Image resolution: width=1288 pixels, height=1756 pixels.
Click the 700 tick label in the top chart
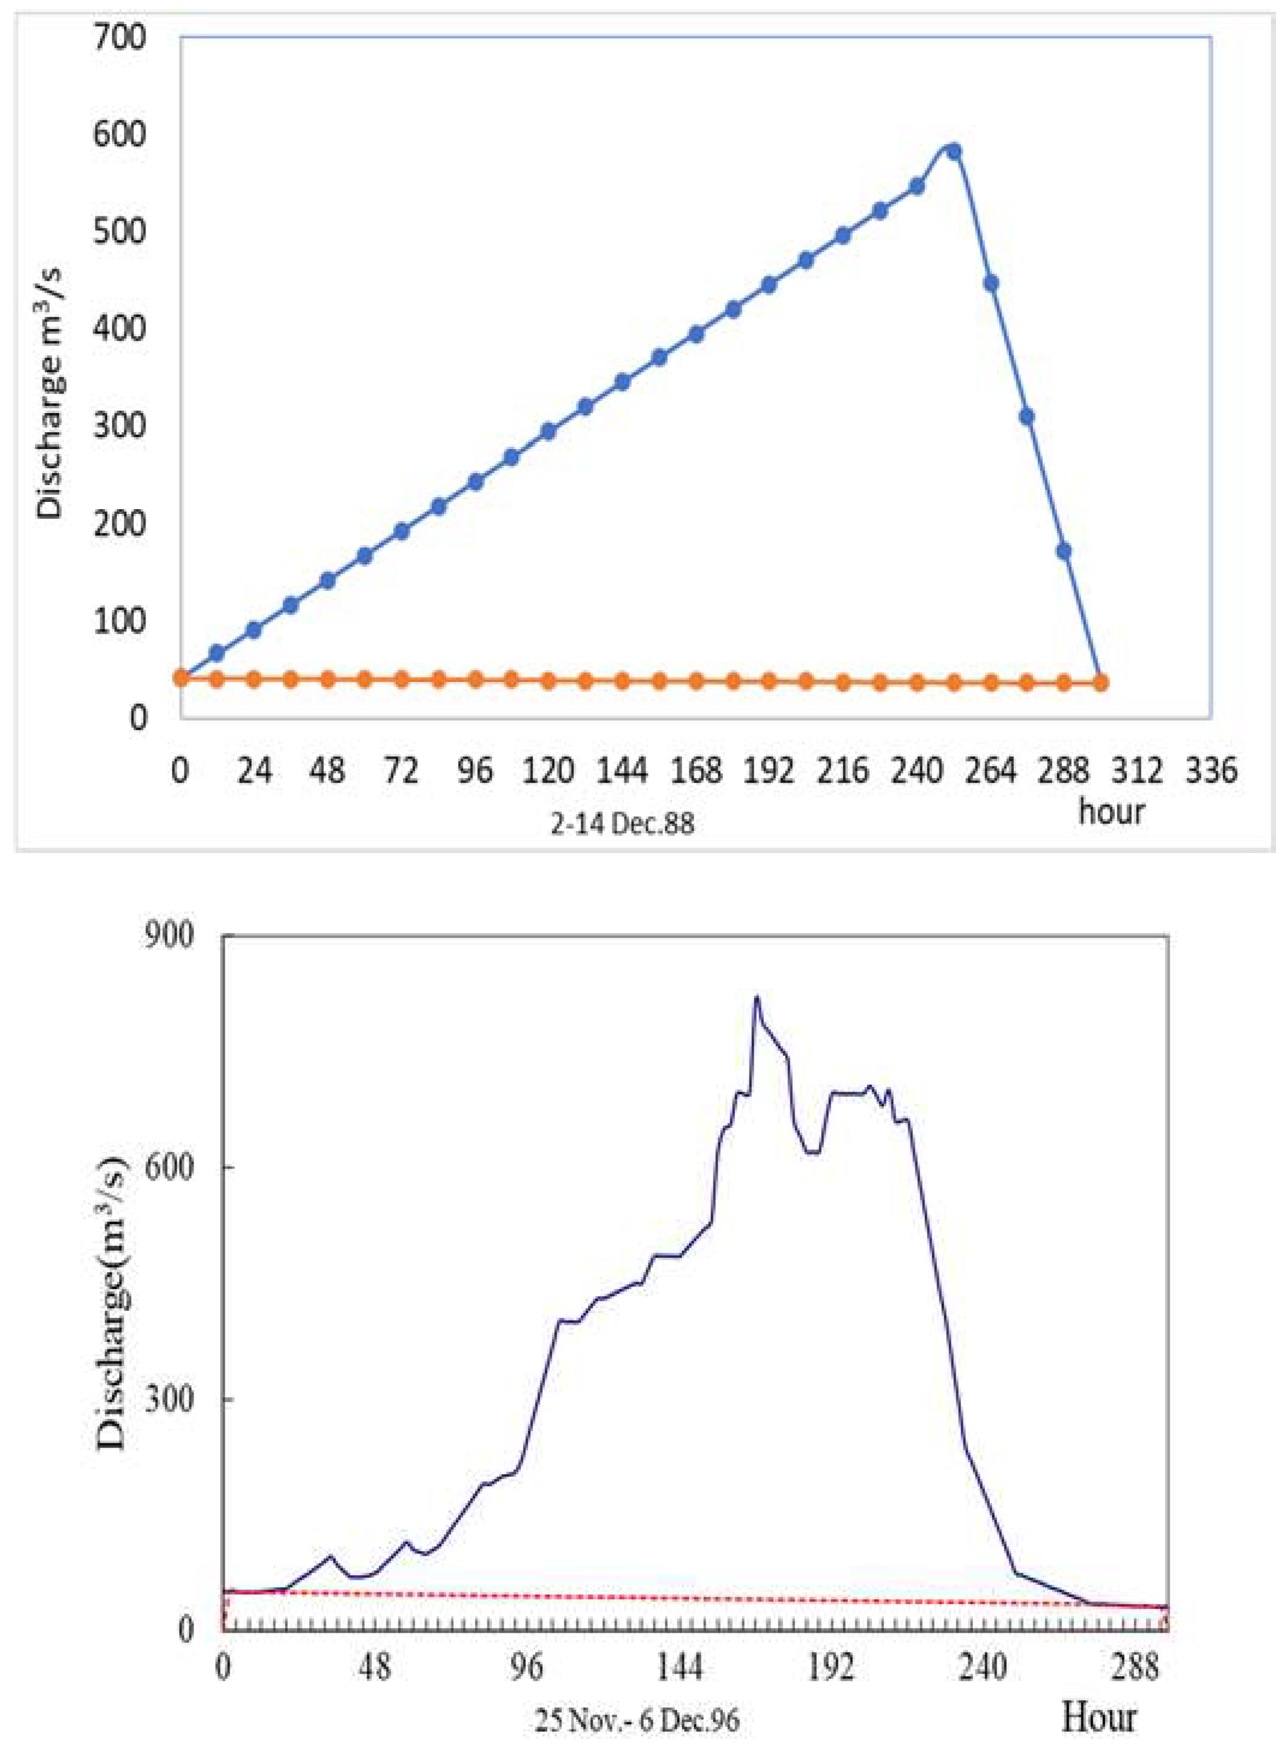(119, 37)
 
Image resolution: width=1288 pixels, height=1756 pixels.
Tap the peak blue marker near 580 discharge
(953, 151)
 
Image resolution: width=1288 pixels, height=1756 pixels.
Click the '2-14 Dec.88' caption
(622, 825)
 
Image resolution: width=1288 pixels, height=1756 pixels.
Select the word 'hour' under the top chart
(1111, 811)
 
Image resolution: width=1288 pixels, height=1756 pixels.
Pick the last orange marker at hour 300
(1100, 683)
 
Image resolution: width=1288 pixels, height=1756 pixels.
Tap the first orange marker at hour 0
(181, 677)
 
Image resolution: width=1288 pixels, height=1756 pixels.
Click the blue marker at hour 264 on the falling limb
(991, 283)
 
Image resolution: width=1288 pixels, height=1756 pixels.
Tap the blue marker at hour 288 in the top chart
(1063, 551)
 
